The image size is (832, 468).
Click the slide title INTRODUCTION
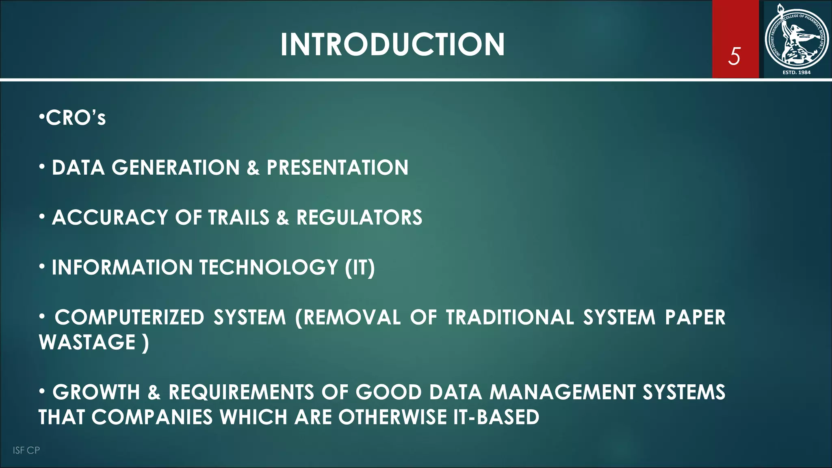[392, 44]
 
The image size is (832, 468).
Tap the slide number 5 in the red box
[734, 56]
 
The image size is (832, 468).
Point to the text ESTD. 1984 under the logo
[796, 72]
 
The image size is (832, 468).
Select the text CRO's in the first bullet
[76, 118]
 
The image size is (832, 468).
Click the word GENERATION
[175, 168]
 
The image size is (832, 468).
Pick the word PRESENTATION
[337, 168]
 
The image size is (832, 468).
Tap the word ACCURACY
[110, 218]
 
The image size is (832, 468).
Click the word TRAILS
[238, 218]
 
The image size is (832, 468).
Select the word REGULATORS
[359, 218]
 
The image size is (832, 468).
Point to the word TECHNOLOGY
[269, 268]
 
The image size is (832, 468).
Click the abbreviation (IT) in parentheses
[360, 268]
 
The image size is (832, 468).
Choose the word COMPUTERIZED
[129, 318]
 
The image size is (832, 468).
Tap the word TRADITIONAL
[510, 318]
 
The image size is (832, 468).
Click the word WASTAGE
[87, 342]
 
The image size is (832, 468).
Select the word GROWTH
[96, 392]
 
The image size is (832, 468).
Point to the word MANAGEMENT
[562, 392]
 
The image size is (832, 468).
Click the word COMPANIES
[152, 417]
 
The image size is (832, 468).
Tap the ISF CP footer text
[26, 450]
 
